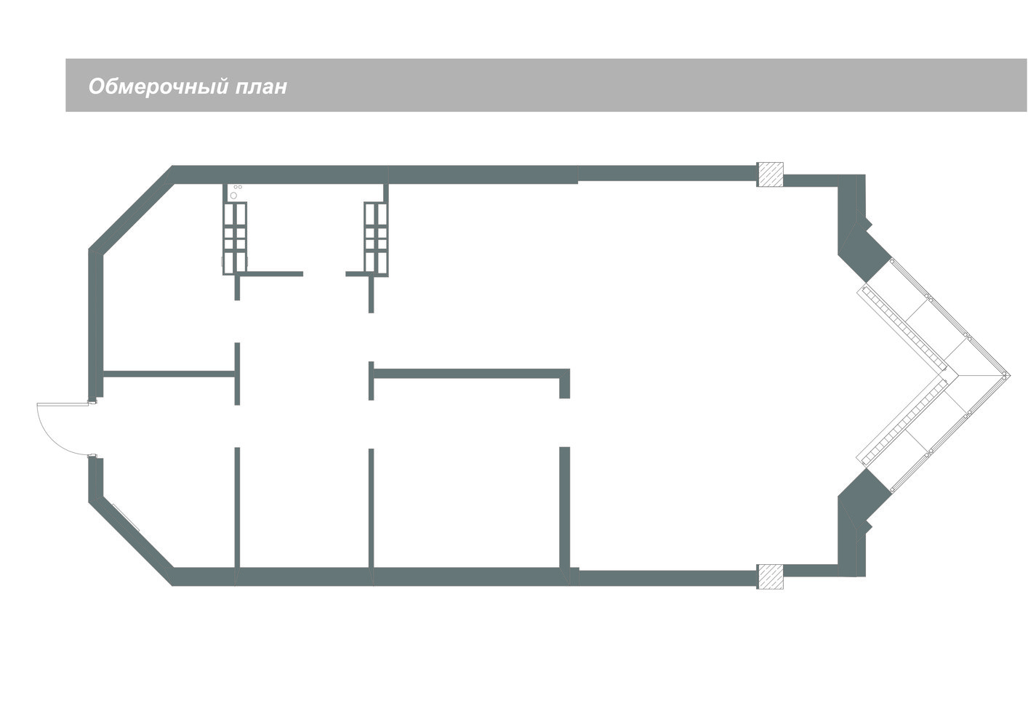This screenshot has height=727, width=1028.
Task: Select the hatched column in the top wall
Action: pos(770,174)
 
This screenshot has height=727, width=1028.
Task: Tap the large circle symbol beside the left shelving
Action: pos(233,196)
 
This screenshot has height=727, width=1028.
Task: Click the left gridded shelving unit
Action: pos(235,237)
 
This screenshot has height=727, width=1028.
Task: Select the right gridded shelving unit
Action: pos(376,237)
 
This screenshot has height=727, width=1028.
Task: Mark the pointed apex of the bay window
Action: pos(1008,374)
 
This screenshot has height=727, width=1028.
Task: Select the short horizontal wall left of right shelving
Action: pos(356,274)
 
